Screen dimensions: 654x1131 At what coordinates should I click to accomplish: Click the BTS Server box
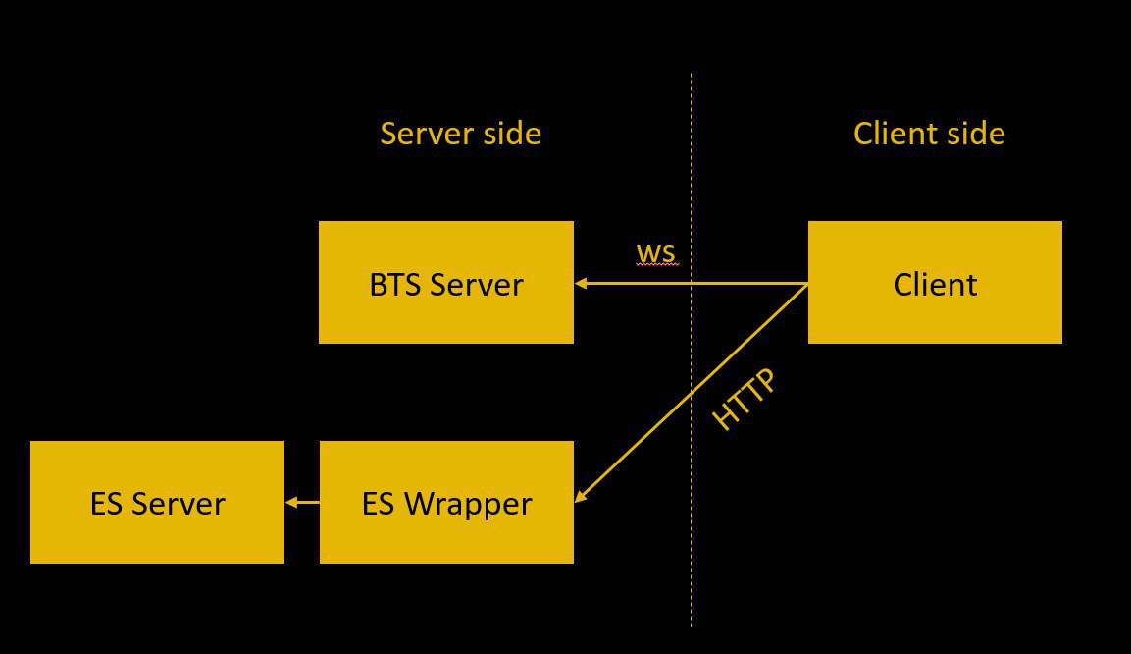coord(446,283)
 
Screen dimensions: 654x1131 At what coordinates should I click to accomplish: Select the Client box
coord(935,283)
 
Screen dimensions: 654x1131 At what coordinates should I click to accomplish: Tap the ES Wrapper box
coord(446,503)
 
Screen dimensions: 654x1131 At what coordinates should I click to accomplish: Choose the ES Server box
coord(157,503)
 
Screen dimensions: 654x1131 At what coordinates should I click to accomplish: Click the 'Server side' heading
coord(460,134)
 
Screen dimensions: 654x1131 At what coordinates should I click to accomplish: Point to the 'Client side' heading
coord(929,134)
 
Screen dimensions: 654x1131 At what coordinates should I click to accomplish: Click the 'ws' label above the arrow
coord(655,253)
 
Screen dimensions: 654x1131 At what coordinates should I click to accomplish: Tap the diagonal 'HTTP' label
coord(743,399)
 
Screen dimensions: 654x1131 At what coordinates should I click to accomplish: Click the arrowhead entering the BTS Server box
coord(581,284)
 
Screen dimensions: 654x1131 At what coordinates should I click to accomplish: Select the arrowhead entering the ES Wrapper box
coord(580,496)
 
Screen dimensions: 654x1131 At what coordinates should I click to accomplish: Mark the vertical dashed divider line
coord(691,550)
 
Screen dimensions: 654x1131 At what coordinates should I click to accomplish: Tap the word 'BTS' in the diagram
coord(395,285)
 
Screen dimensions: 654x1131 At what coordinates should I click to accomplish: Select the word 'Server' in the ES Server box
coord(178,504)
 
